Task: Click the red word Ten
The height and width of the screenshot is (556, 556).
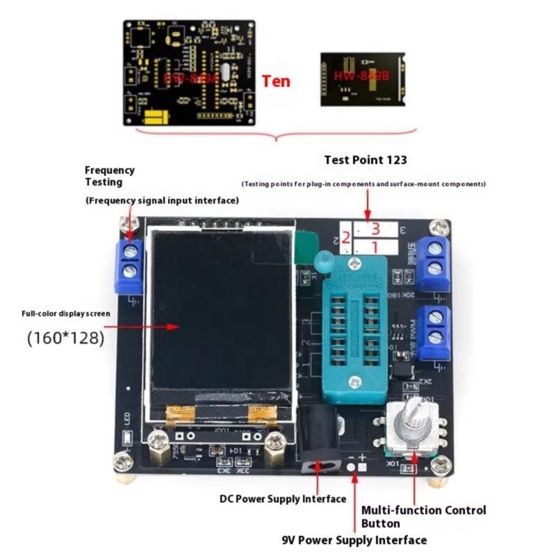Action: [276, 81]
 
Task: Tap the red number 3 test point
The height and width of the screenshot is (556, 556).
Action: [375, 229]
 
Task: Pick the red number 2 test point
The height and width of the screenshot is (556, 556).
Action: [345, 238]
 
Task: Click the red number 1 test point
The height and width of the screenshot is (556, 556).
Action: [374, 246]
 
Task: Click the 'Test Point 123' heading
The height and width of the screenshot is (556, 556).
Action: [366, 160]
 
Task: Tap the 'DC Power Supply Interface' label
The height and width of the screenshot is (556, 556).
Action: [283, 499]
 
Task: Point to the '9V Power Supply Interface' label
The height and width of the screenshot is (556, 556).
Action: [354, 540]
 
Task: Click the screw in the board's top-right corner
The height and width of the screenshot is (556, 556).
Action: [439, 227]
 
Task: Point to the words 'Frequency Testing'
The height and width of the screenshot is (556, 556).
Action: [109, 176]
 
